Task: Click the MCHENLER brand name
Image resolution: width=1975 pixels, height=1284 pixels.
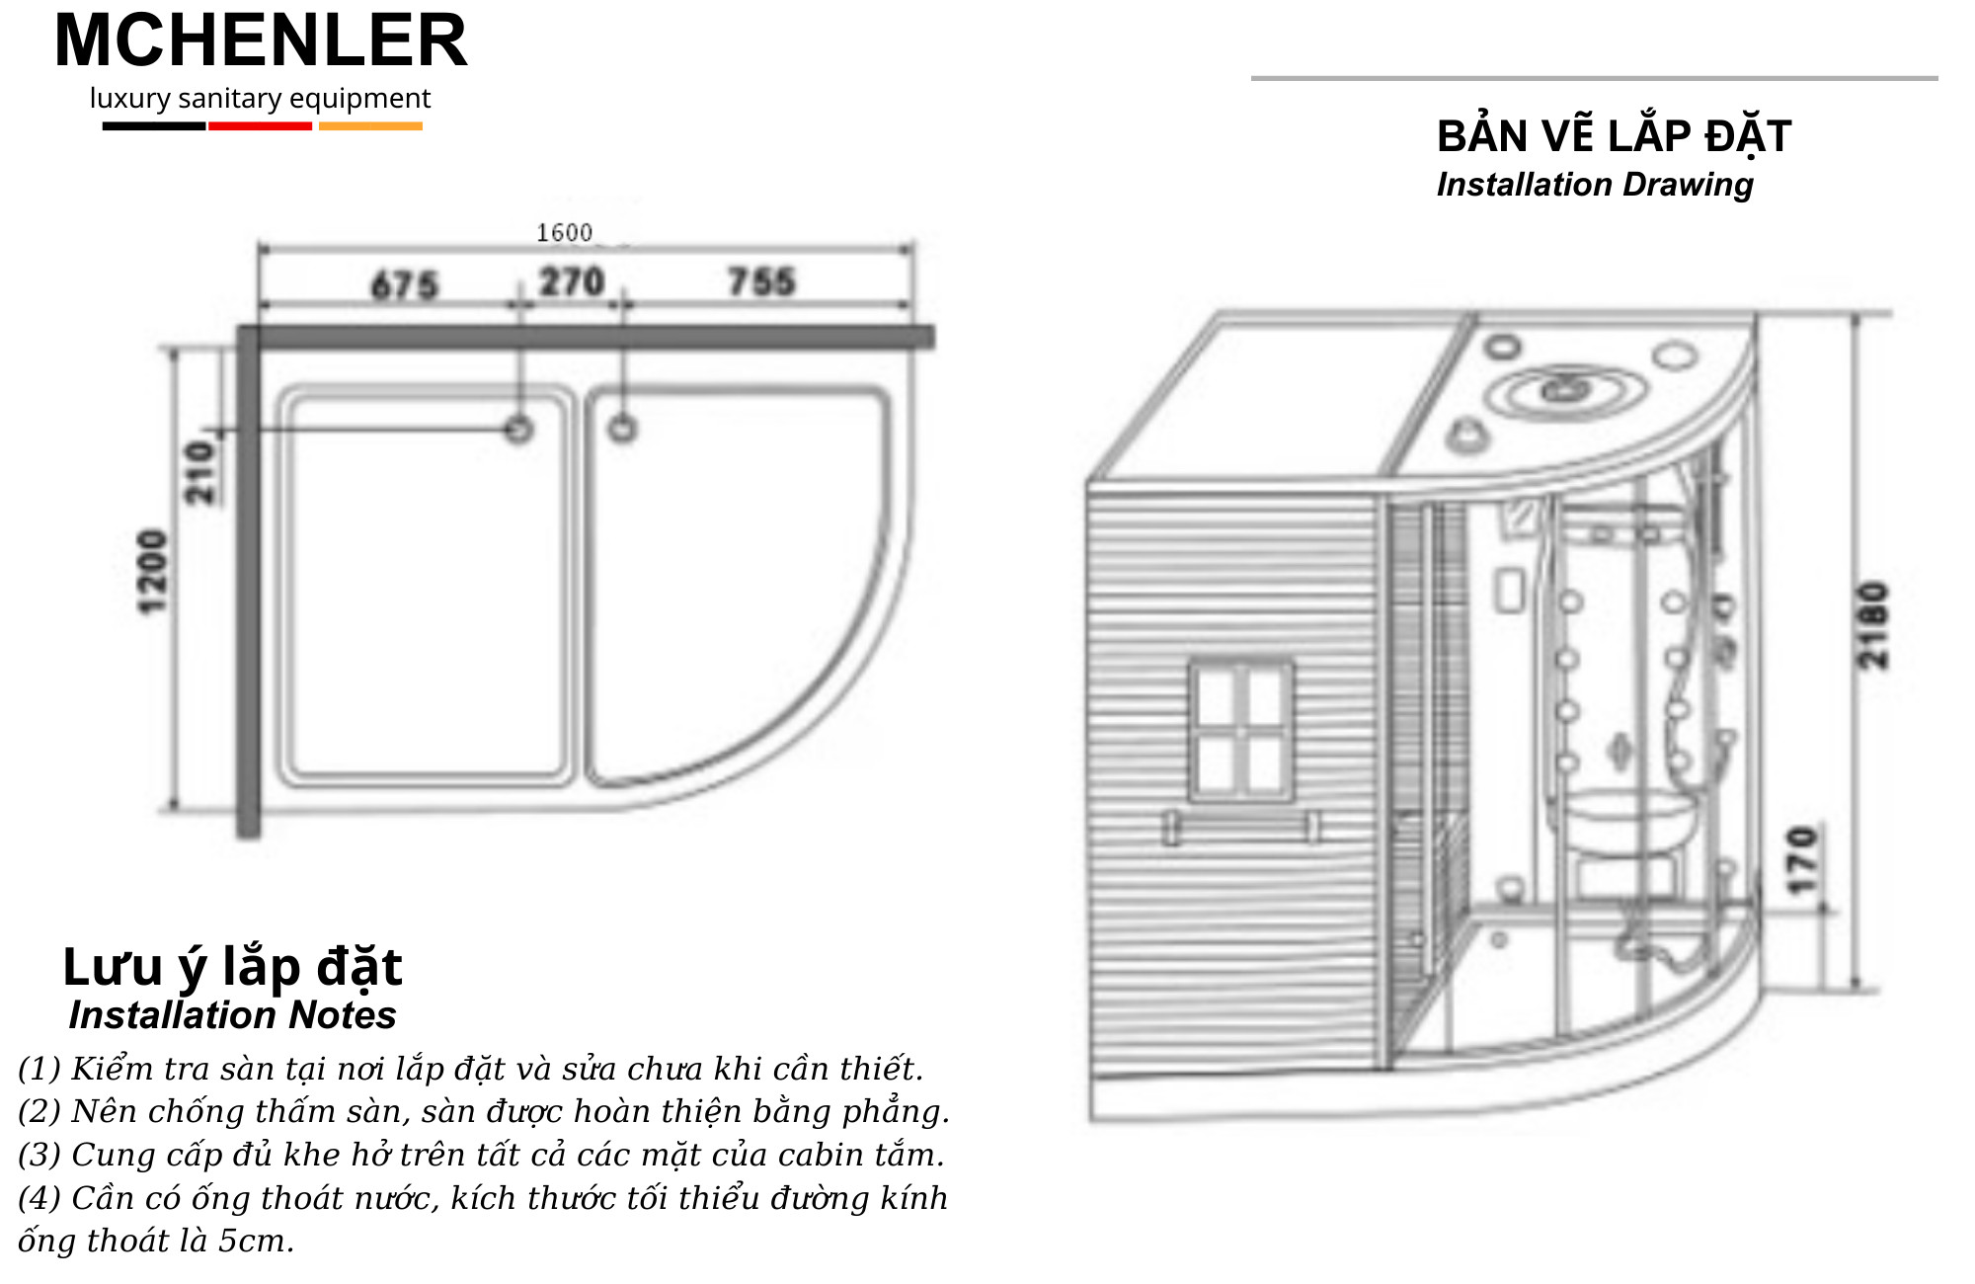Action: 261,41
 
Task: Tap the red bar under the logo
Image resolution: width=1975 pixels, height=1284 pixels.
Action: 260,126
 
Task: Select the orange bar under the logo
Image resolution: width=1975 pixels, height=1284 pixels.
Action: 370,126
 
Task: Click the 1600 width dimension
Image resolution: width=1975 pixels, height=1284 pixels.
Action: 564,233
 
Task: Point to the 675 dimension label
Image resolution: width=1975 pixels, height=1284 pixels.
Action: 405,285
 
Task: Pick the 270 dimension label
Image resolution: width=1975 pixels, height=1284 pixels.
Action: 572,282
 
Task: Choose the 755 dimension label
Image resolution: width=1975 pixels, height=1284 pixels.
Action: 761,281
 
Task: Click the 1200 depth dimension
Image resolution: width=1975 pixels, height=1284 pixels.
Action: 153,572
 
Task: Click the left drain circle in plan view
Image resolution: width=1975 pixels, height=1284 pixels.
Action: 518,430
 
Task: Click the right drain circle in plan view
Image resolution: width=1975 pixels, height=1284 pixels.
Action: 622,429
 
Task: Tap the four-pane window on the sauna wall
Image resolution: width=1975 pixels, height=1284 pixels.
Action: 1240,730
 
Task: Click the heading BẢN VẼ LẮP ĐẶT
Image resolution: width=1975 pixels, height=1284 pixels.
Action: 1614,136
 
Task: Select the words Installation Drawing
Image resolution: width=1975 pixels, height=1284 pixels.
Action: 1595,185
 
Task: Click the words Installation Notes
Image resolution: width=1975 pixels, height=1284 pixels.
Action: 232,1015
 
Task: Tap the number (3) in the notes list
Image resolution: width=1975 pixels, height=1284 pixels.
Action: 39,1155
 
